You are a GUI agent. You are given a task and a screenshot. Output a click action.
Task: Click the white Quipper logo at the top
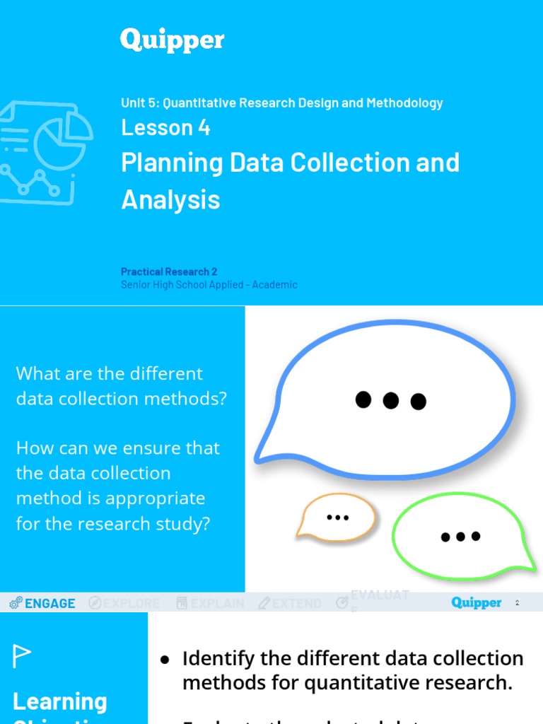[x=172, y=40]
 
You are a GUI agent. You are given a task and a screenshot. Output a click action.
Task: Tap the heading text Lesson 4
[x=165, y=127]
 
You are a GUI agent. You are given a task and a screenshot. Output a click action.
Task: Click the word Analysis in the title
[x=170, y=199]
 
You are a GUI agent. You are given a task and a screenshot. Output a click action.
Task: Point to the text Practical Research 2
[x=169, y=271]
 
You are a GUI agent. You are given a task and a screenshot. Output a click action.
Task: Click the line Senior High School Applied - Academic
[x=209, y=285]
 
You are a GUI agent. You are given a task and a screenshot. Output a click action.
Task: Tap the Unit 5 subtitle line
[x=281, y=103]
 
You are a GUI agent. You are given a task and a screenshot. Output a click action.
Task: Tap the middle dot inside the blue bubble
[x=390, y=401]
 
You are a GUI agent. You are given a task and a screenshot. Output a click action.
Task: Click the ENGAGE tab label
[x=49, y=603]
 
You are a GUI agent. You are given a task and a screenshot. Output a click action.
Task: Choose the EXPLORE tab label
[x=132, y=603]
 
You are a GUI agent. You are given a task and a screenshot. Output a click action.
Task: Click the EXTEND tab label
[x=296, y=603]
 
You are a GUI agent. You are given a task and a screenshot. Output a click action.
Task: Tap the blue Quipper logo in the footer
[x=477, y=602]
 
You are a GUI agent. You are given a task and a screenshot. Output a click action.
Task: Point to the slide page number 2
[x=517, y=603]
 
